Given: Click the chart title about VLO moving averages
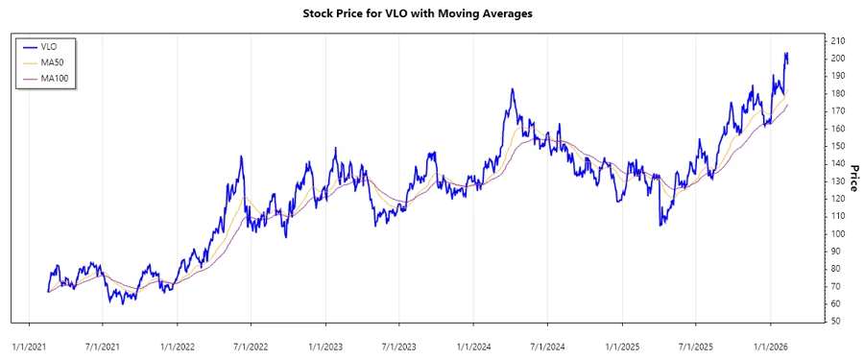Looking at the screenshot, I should pyautogui.click(x=431, y=13).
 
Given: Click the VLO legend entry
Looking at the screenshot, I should pyautogui.click(x=50, y=46).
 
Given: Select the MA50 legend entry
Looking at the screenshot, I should pyautogui.click(x=52, y=61).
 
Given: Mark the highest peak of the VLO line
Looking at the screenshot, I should pyautogui.click(x=786, y=53).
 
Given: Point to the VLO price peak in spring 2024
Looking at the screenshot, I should pyautogui.click(x=513, y=89).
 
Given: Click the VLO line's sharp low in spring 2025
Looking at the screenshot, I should pyautogui.click(x=660, y=225).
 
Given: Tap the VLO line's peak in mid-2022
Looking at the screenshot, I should pyautogui.click(x=241, y=156).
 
